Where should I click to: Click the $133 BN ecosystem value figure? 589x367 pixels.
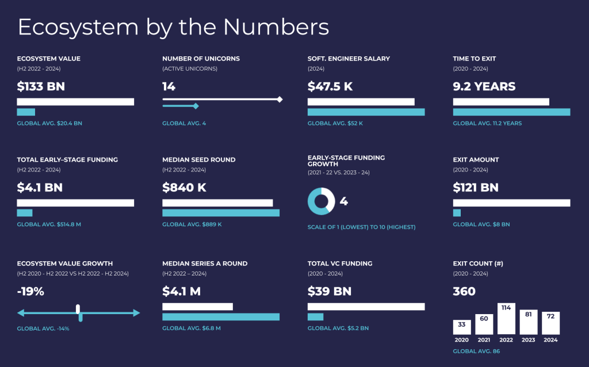coord(41,87)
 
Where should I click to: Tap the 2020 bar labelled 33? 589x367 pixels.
coord(461,327)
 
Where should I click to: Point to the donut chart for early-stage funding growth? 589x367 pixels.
coord(321,201)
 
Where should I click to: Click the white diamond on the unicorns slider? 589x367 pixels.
coord(280,100)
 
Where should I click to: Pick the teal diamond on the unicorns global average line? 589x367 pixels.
coord(196,106)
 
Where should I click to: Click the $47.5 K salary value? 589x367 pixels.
coord(330,87)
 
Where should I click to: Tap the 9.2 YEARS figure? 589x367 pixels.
coord(484,87)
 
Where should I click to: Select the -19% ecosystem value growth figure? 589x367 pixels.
coord(30,292)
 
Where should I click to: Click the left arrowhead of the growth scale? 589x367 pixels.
coord(21,313)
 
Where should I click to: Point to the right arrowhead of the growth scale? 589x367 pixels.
coord(136,313)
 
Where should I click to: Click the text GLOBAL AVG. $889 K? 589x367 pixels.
coord(192,224)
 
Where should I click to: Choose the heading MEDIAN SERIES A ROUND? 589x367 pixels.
coord(205,263)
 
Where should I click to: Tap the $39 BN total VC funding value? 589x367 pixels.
coord(330,292)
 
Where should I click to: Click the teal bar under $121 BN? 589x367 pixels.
coord(457,213)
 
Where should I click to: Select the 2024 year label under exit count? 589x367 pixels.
coord(550,340)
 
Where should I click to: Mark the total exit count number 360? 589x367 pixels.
coord(464,292)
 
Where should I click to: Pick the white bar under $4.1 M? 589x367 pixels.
coord(197,307)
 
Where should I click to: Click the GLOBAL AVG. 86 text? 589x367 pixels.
coord(476,351)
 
